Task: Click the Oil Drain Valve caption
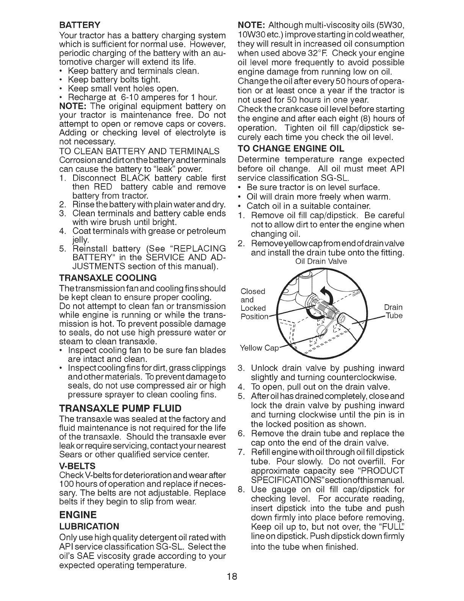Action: click(321, 261)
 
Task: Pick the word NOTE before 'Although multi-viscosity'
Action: click(251, 25)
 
